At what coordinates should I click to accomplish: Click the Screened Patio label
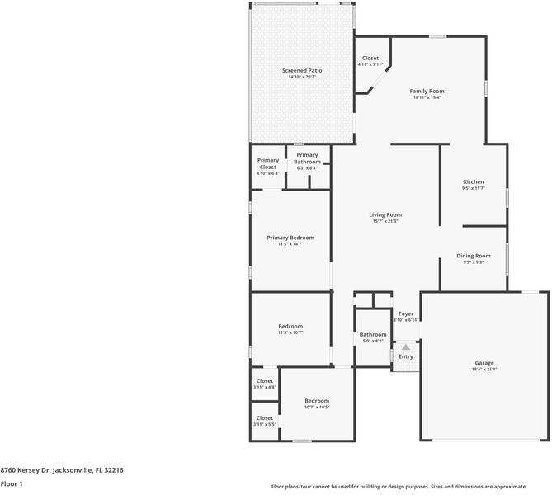point(302,73)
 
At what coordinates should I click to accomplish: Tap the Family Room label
point(427,93)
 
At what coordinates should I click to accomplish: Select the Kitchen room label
point(473,184)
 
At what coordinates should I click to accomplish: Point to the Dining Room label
point(474,258)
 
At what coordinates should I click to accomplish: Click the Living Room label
point(385,218)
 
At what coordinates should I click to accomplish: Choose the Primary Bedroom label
point(290,240)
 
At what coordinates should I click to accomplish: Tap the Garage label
point(484,365)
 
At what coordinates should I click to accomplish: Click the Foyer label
point(406,316)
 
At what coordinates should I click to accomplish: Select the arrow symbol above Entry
point(406,347)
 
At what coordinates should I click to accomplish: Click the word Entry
point(406,356)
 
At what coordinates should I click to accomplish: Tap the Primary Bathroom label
point(307,158)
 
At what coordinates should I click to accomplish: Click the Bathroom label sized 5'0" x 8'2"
point(373,337)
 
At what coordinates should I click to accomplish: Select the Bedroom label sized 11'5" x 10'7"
point(290,328)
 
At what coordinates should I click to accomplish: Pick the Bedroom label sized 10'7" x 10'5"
point(317,403)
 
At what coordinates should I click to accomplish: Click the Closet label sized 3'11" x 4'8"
point(265,384)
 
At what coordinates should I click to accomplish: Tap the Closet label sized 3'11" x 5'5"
point(265,421)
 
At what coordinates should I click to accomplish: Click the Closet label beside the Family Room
point(370,61)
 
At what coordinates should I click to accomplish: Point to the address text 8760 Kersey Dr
point(62,469)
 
